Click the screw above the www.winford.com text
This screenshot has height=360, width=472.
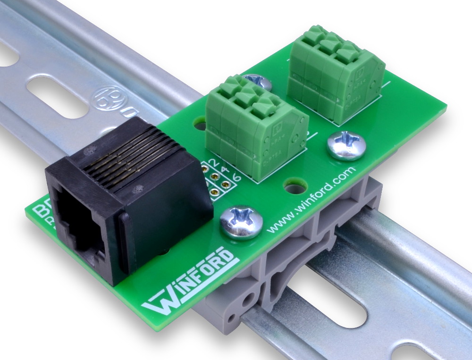346,145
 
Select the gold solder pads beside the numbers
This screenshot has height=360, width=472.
215,184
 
